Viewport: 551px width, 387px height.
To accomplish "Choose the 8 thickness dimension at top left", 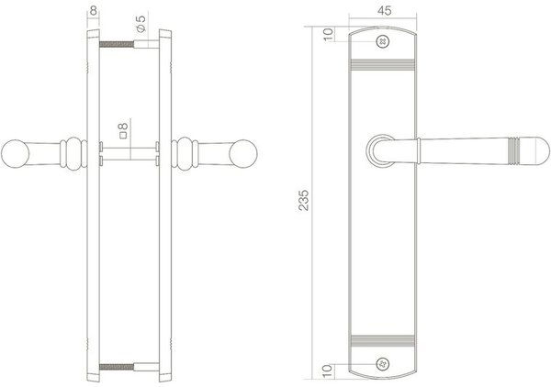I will click(94, 10).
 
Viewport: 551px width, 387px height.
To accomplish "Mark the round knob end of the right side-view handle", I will click(245, 153).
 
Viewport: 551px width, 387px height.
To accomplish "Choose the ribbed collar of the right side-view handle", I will click(186, 152).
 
